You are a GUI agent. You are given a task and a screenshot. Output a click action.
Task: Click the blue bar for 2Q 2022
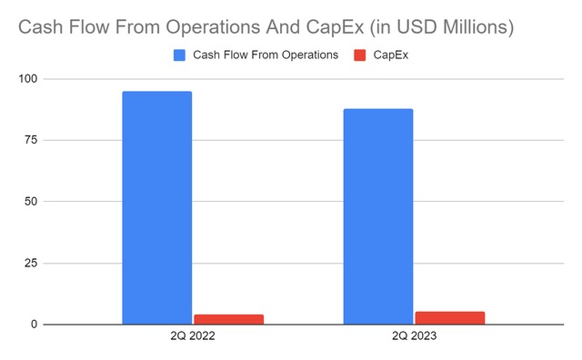156,207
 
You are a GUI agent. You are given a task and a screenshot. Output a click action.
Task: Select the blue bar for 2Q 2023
377,216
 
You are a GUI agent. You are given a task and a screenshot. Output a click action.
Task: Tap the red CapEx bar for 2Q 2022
228,319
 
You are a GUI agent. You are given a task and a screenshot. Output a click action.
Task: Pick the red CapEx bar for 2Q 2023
449,318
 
